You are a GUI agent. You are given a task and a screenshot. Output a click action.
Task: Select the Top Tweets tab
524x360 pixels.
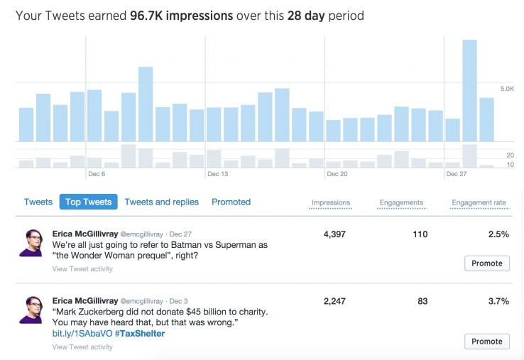coord(88,202)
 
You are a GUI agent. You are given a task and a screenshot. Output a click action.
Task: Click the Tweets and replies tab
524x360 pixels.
coord(161,202)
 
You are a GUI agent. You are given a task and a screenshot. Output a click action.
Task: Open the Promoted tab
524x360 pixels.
coord(231,202)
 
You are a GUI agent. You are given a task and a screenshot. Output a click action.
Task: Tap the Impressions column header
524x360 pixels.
coord(331,202)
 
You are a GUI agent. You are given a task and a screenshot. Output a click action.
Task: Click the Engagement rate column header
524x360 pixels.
coord(479,202)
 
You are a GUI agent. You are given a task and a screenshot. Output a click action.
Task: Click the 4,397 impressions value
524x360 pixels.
coord(334,234)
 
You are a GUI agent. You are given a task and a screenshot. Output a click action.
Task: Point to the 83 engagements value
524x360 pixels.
coord(422,301)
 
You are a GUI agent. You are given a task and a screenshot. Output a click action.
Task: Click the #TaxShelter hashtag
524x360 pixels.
coord(140,333)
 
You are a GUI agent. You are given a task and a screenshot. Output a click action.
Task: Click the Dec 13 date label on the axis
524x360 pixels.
coord(217,173)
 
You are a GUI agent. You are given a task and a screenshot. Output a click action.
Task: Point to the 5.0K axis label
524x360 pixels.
coord(507,89)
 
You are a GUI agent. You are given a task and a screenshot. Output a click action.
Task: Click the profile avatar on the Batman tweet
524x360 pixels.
coord(31,243)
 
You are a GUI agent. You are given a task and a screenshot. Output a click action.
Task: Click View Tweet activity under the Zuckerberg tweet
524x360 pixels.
coord(82,347)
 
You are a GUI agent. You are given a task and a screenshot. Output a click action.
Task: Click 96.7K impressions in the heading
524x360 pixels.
coord(182,15)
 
